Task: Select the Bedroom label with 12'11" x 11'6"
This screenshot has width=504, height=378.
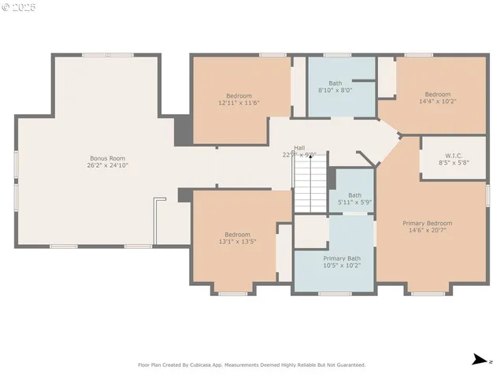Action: coord(239,95)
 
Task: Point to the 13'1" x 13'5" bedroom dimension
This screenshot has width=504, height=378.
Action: coord(238,242)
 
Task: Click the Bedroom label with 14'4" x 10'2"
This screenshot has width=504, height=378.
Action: coord(438,94)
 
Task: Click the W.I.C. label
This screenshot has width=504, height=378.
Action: coord(454,155)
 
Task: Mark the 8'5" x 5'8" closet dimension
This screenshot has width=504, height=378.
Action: coord(454,163)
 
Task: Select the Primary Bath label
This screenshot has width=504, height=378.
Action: coord(341,258)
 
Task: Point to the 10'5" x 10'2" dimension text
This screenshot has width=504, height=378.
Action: coord(341,265)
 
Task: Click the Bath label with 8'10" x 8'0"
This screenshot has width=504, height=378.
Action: coord(335,83)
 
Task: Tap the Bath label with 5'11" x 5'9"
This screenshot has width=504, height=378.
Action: coord(355,195)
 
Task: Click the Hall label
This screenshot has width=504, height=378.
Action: coord(299,147)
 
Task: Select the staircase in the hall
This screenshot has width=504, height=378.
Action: coord(310,185)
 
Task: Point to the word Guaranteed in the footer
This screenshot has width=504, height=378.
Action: coord(349,365)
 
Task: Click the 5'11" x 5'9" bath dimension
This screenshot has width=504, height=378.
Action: coord(355,202)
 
